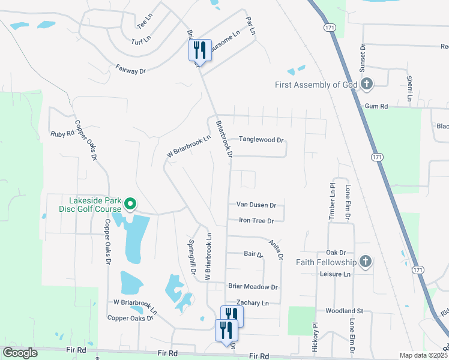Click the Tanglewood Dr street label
coord(261,139)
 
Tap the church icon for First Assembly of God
coord(367,85)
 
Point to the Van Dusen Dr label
coord(256,205)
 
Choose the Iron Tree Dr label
coord(256,220)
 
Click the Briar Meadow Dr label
coord(253,287)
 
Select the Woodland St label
coord(345,311)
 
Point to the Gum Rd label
coord(376,106)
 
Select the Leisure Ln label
coord(334,274)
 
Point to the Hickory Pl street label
coord(314,340)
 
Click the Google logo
coord(20,353)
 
